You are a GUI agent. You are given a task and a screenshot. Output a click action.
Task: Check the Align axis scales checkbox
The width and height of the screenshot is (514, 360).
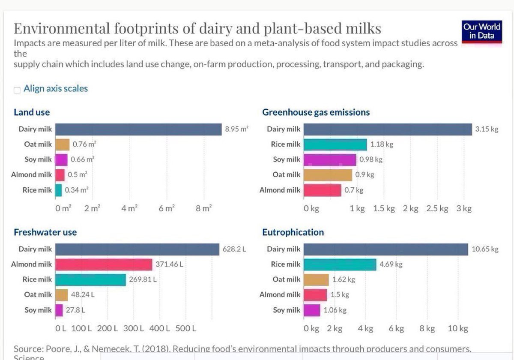click(x=17, y=90)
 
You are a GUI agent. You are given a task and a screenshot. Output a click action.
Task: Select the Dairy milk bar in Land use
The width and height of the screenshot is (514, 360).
click(x=139, y=129)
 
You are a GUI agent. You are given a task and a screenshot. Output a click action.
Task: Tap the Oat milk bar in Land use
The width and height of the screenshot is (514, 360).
click(x=63, y=144)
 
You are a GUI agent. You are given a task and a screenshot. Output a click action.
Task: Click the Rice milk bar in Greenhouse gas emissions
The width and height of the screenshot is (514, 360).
click(x=335, y=144)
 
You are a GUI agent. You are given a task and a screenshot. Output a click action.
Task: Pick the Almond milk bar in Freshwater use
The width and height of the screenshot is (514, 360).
click(x=104, y=264)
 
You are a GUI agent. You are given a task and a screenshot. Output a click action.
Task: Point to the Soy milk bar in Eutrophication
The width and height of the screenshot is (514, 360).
click(x=312, y=310)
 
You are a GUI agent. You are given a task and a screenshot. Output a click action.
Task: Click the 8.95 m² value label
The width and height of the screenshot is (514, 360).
click(x=236, y=129)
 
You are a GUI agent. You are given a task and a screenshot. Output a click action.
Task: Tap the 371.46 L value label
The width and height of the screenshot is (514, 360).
click(x=169, y=264)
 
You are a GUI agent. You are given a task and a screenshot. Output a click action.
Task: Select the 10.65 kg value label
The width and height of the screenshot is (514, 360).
click(x=485, y=249)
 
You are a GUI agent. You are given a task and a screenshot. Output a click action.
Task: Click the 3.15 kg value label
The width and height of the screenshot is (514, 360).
click(x=487, y=129)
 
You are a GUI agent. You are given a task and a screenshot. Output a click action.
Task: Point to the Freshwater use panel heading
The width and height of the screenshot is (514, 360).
click(x=45, y=232)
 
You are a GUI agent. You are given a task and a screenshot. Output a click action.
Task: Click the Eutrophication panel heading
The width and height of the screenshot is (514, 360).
click(x=293, y=232)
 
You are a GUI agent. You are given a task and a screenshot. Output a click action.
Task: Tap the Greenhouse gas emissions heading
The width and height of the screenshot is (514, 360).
click(x=316, y=112)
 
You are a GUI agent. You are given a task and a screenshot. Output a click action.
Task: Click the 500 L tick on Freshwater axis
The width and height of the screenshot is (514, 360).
click(x=185, y=329)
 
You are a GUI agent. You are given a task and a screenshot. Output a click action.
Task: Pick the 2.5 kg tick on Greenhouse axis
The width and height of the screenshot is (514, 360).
click(x=437, y=208)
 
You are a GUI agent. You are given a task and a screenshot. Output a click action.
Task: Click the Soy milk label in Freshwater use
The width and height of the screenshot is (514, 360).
click(x=38, y=310)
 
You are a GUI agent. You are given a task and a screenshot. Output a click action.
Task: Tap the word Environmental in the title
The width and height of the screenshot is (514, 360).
click(x=62, y=28)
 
